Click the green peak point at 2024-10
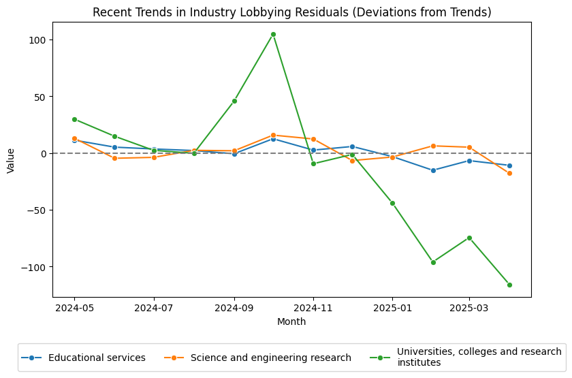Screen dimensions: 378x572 point(273,34)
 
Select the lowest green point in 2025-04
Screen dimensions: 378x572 point(509,285)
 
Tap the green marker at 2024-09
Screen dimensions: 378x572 point(234,101)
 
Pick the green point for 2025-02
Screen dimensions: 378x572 point(433,262)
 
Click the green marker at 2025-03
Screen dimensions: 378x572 point(469,238)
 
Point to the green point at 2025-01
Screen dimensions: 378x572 point(392,203)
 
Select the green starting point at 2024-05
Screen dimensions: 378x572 point(74,119)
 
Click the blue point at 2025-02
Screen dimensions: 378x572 point(433,170)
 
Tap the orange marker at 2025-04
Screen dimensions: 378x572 point(509,173)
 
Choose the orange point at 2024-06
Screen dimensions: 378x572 point(114,158)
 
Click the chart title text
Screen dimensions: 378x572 point(291,12)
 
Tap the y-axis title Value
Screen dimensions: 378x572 point(10,159)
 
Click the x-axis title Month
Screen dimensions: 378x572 point(291,322)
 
